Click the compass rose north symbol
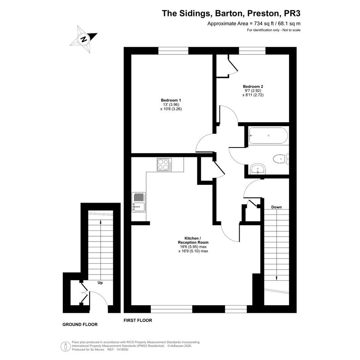coord(83,39)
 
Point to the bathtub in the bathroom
coord(268,136)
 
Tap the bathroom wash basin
coord(258,169)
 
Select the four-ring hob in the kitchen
coord(164,165)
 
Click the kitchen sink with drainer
coord(139,202)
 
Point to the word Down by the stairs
coord(277,207)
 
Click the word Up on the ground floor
coord(100,283)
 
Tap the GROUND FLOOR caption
coord(80,325)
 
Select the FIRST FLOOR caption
coord(138,320)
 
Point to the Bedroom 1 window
coord(173,51)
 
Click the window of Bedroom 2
coord(252,51)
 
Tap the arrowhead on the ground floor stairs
coord(101,222)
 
